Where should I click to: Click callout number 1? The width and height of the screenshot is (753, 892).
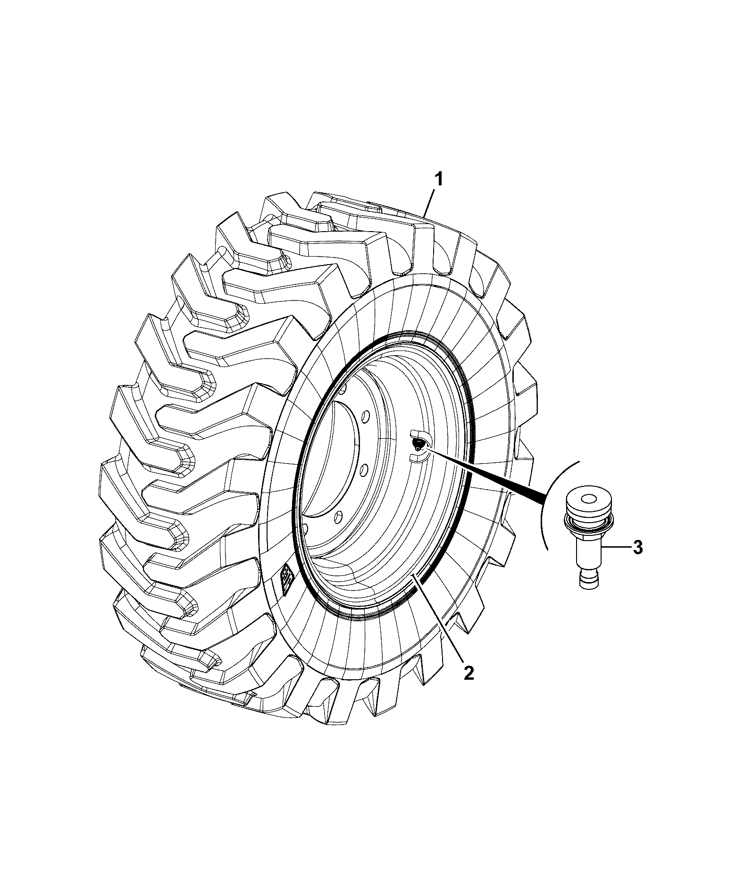(x=438, y=180)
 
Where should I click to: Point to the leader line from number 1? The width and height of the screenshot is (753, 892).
(x=430, y=203)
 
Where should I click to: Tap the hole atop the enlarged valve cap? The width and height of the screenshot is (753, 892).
(x=589, y=498)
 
